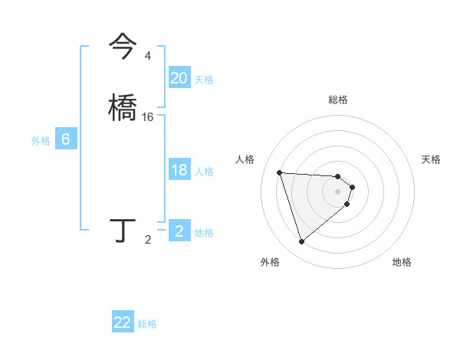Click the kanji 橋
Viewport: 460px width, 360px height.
tap(123, 106)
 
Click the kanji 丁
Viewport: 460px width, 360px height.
tap(123, 230)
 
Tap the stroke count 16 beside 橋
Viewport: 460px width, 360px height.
tap(148, 116)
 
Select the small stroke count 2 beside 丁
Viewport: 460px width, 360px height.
tap(148, 240)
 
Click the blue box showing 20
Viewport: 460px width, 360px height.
tap(179, 78)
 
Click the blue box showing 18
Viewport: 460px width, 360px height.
tap(179, 170)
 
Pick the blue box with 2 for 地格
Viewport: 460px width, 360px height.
tap(179, 231)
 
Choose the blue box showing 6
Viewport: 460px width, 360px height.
tap(66, 139)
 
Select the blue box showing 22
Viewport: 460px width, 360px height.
tap(123, 322)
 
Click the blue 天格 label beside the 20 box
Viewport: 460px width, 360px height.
tap(204, 80)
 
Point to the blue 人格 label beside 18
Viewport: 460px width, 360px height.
tap(204, 172)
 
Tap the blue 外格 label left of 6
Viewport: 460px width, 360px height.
tap(41, 141)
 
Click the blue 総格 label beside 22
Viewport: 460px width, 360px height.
tap(147, 324)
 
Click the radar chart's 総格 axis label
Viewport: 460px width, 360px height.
tap(338, 100)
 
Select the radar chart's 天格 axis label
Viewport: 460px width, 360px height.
tap(431, 159)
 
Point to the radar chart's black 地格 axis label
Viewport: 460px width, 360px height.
tap(402, 262)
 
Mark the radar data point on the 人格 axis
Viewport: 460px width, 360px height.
tap(280, 172)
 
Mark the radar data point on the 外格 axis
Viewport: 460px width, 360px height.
tap(302, 242)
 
